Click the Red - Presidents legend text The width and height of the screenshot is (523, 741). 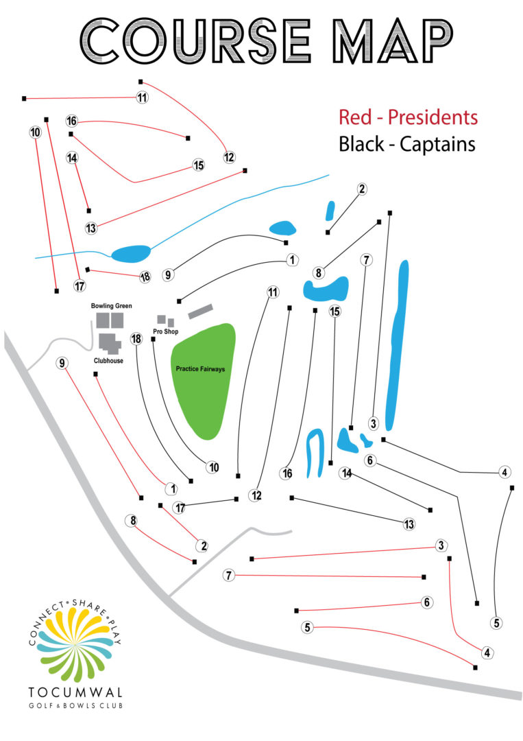click(x=408, y=117)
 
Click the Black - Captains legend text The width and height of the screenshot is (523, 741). click(x=407, y=145)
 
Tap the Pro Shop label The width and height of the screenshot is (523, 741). click(x=165, y=331)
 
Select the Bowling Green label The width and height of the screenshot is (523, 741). click(x=111, y=306)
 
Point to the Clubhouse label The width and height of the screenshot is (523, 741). click(x=108, y=360)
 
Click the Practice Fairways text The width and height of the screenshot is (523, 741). click(x=200, y=369)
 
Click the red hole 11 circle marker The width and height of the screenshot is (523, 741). click(x=142, y=97)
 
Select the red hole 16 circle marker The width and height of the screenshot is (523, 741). click(x=71, y=121)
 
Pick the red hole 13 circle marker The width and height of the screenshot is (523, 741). click(x=91, y=228)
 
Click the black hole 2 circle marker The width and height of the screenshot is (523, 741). click(x=362, y=189)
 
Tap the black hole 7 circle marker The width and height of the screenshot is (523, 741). click(x=367, y=260)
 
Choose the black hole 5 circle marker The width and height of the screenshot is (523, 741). click(x=497, y=624)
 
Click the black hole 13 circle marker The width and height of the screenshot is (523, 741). click(x=409, y=525)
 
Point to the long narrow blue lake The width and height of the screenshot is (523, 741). click(x=398, y=343)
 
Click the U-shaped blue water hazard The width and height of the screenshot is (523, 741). click(x=315, y=453)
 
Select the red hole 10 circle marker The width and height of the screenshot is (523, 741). click(x=36, y=132)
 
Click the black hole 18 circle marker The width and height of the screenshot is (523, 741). click(x=136, y=339)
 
